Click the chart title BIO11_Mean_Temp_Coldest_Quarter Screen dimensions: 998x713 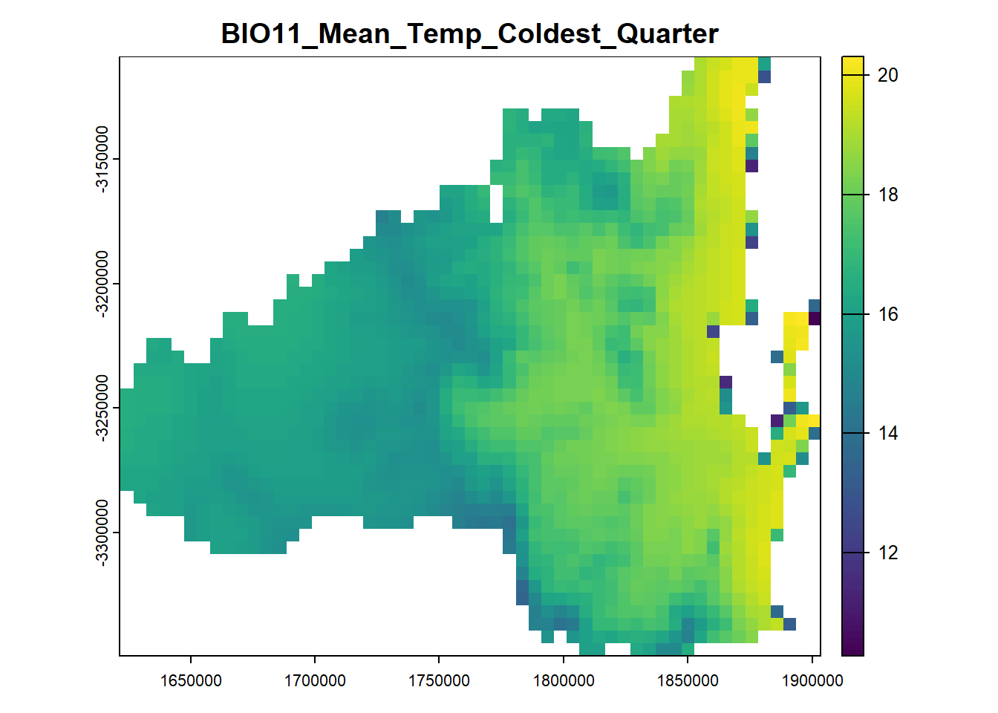click(469, 34)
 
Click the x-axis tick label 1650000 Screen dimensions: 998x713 click(191, 681)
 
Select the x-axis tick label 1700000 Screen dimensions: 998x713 click(315, 681)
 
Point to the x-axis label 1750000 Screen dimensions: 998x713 click(439, 681)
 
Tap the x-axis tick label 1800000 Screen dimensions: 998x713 click(564, 681)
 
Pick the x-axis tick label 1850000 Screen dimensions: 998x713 click(688, 681)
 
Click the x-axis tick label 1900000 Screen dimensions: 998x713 click(812, 681)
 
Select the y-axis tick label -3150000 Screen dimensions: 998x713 click(102, 159)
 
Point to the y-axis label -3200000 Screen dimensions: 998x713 click(102, 284)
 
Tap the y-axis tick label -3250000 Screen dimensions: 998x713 click(102, 408)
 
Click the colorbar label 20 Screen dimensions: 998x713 click(887, 75)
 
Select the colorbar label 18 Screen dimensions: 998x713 click(887, 195)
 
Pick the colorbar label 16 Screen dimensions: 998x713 click(887, 315)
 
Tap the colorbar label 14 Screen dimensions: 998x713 click(887, 433)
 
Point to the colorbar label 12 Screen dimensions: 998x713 click(887, 553)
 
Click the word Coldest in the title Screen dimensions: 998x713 click(549, 34)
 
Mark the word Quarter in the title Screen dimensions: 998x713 click(668, 34)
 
